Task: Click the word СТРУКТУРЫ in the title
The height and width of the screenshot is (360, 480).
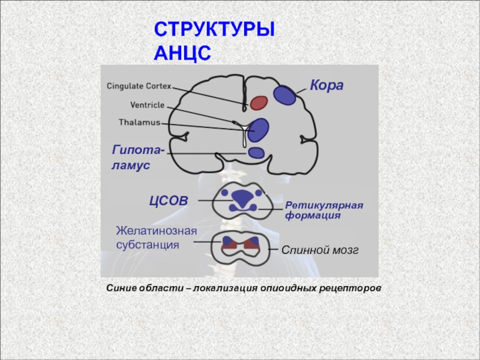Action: point(214,29)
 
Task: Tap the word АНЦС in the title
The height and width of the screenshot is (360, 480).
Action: point(182,53)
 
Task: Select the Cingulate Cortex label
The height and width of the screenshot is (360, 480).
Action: point(139,86)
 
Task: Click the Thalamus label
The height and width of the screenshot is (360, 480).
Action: point(140,122)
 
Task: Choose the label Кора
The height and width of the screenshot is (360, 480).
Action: point(326,85)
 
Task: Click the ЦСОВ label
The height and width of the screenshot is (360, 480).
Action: point(169,200)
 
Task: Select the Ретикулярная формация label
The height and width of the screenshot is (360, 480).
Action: point(324,210)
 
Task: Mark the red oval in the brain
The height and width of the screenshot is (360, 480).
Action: point(259,103)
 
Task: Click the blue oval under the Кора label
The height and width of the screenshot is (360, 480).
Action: point(284,95)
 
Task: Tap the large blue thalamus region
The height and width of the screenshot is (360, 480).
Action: point(260,127)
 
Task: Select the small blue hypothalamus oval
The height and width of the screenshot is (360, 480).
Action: point(256,152)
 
